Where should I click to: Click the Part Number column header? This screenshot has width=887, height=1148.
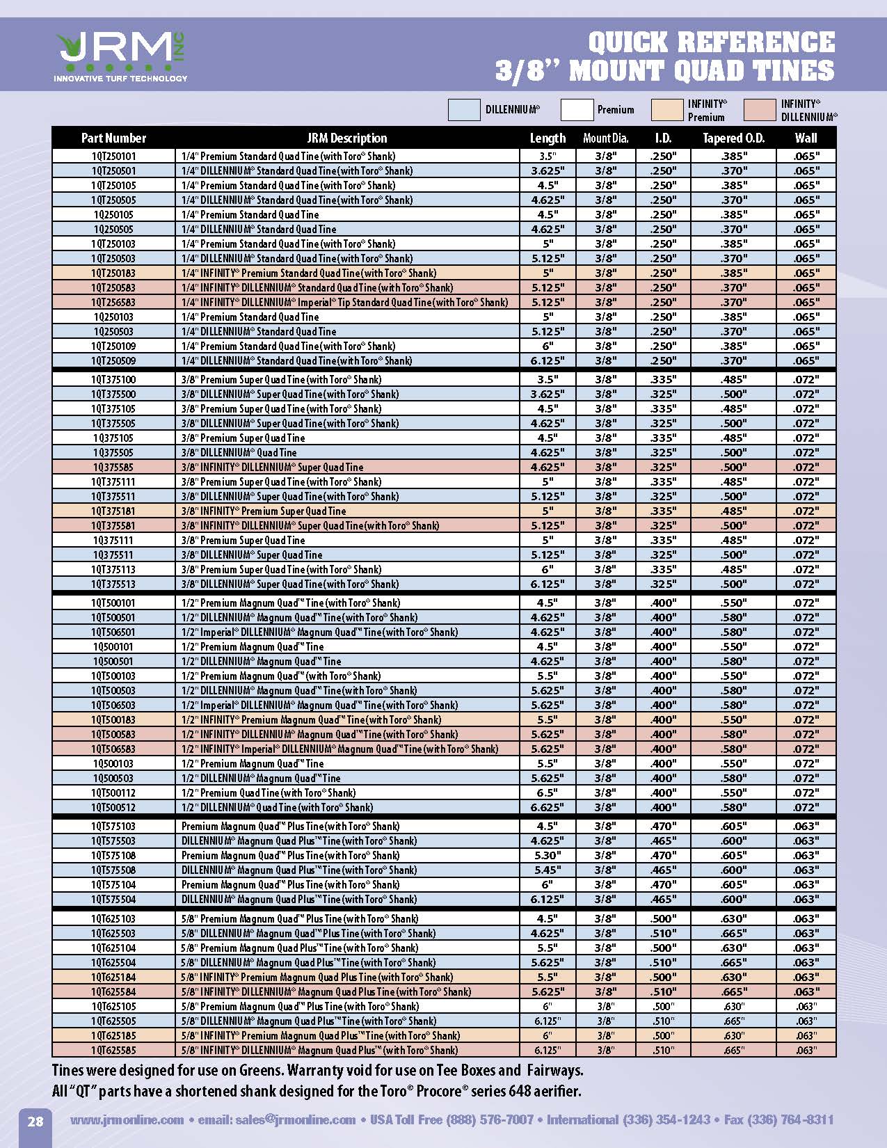click(113, 138)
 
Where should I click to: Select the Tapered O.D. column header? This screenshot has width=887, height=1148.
click(733, 138)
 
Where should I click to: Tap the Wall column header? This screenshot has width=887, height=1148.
click(806, 138)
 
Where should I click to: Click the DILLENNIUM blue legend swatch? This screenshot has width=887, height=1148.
click(463, 110)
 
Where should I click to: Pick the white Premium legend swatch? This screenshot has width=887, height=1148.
click(577, 110)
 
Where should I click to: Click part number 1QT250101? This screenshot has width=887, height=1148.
click(113, 157)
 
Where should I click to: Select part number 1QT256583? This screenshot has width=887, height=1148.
click(113, 303)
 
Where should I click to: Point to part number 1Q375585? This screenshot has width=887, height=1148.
click(113, 468)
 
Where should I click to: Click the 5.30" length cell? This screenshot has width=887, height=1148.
click(548, 856)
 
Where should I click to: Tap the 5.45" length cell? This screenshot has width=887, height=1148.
click(548, 870)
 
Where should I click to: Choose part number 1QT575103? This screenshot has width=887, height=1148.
click(113, 827)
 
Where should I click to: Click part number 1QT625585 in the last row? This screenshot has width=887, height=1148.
click(113, 1051)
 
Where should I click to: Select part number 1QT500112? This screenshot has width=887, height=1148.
click(113, 793)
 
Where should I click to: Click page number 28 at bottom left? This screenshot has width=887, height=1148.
click(35, 1121)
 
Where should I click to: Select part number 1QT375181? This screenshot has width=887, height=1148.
click(113, 511)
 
